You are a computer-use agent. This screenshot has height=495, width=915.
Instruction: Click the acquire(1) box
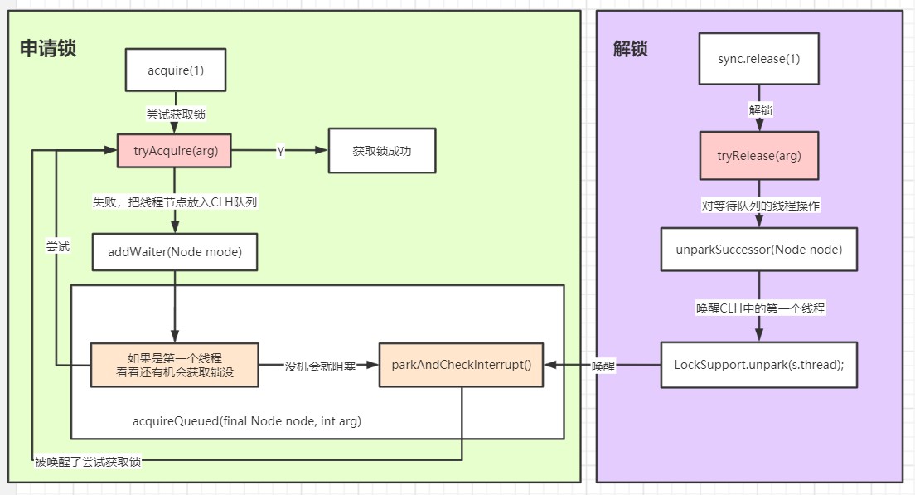click(175, 70)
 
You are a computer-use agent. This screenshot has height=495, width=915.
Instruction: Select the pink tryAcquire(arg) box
click(174, 151)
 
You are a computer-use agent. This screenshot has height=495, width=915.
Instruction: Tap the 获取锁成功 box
click(381, 151)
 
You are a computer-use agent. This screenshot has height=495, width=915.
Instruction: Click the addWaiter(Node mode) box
click(174, 252)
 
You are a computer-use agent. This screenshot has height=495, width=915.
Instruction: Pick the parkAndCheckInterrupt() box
click(462, 365)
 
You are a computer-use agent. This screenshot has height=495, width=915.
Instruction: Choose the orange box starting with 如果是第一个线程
click(174, 365)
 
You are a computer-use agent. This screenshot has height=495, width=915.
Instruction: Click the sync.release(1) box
click(758, 59)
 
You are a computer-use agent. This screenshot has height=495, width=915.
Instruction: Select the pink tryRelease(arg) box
click(758, 155)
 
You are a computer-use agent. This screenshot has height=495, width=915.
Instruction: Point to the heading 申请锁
click(48, 48)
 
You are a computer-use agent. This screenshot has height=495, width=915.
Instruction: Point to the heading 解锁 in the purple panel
click(630, 48)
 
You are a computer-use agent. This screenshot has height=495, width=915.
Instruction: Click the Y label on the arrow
click(280, 152)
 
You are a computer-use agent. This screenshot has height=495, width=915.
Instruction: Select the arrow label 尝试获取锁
click(175, 114)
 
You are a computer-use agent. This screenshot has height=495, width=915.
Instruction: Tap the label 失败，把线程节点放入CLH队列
click(175, 202)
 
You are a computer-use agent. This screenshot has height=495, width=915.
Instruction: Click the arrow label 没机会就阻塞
click(318, 366)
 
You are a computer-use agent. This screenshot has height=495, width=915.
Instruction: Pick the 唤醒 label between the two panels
click(603, 366)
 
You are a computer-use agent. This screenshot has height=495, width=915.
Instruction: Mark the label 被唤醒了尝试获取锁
click(88, 462)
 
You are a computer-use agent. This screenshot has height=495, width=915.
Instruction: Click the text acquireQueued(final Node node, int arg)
click(247, 421)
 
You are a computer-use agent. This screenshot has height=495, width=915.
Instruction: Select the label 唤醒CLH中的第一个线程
click(758, 308)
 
